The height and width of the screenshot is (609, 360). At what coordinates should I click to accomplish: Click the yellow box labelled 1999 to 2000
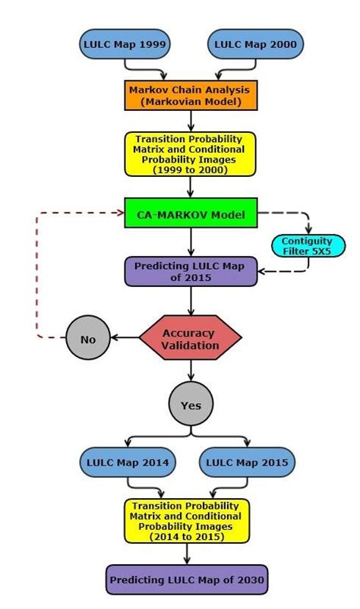point(190,154)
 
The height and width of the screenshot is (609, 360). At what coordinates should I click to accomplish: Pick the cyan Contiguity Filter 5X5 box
point(308,246)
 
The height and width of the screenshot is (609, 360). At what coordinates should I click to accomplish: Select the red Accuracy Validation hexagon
point(190,339)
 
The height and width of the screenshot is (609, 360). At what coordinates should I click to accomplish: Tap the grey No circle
point(88,339)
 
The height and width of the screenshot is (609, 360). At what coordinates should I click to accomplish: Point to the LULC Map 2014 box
point(128,462)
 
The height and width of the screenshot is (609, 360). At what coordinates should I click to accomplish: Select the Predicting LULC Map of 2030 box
point(188,579)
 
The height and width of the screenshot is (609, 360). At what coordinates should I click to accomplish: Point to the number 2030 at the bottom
point(249,580)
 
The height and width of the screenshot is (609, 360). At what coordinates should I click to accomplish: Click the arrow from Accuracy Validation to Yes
point(191,371)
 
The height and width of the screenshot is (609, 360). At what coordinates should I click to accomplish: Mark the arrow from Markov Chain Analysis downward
point(191,120)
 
